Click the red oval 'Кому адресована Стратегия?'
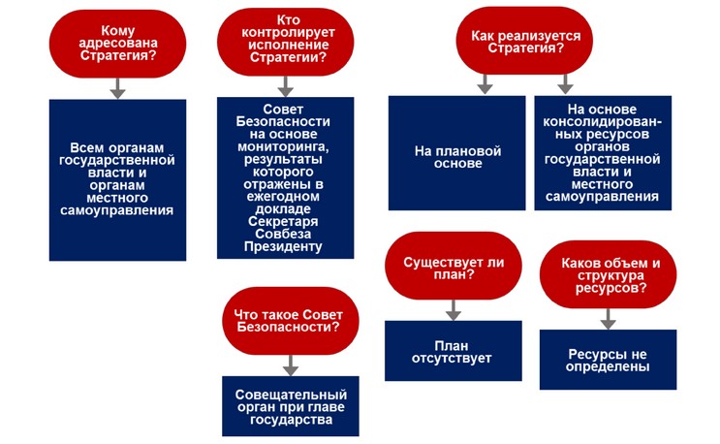click(117, 44)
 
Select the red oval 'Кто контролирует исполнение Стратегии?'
click(285, 42)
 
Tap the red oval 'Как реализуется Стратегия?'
click(524, 41)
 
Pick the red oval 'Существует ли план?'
click(454, 266)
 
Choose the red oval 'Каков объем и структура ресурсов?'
click(608, 274)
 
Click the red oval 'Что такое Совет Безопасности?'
click(290, 321)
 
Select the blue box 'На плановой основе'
click(456, 153)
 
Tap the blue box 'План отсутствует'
click(454, 351)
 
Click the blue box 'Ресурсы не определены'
click(608, 360)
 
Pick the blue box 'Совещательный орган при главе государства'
click(290, 406)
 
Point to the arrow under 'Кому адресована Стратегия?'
click(118, 88)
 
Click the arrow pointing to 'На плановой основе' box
click(485, 84)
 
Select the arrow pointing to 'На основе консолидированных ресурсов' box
click(565, 84)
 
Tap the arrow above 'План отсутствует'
click(454, 310)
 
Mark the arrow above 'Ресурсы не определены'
click(608, 319)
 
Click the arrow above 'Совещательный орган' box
click(290, 365)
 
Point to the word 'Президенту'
click(283, 246)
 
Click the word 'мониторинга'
click(283, 147)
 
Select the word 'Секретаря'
click(283, 221)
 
